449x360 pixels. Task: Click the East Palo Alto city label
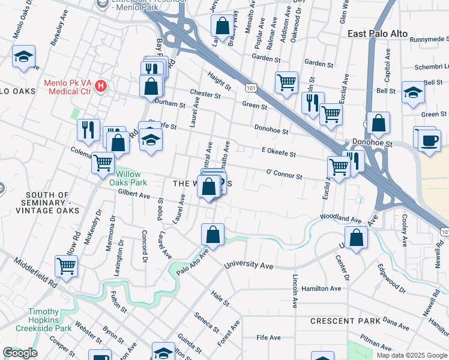click(x=378, y=34)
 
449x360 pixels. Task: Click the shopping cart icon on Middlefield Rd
click(x=66, y=265)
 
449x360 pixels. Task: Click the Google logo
click(x=20, y=353)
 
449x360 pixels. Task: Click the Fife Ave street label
click(x=268, y=338)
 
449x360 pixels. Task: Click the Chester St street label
click(x=206, y=95)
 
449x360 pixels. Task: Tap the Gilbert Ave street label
click(x=134, y=194)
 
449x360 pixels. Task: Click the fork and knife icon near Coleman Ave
click(x=89, y=129)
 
